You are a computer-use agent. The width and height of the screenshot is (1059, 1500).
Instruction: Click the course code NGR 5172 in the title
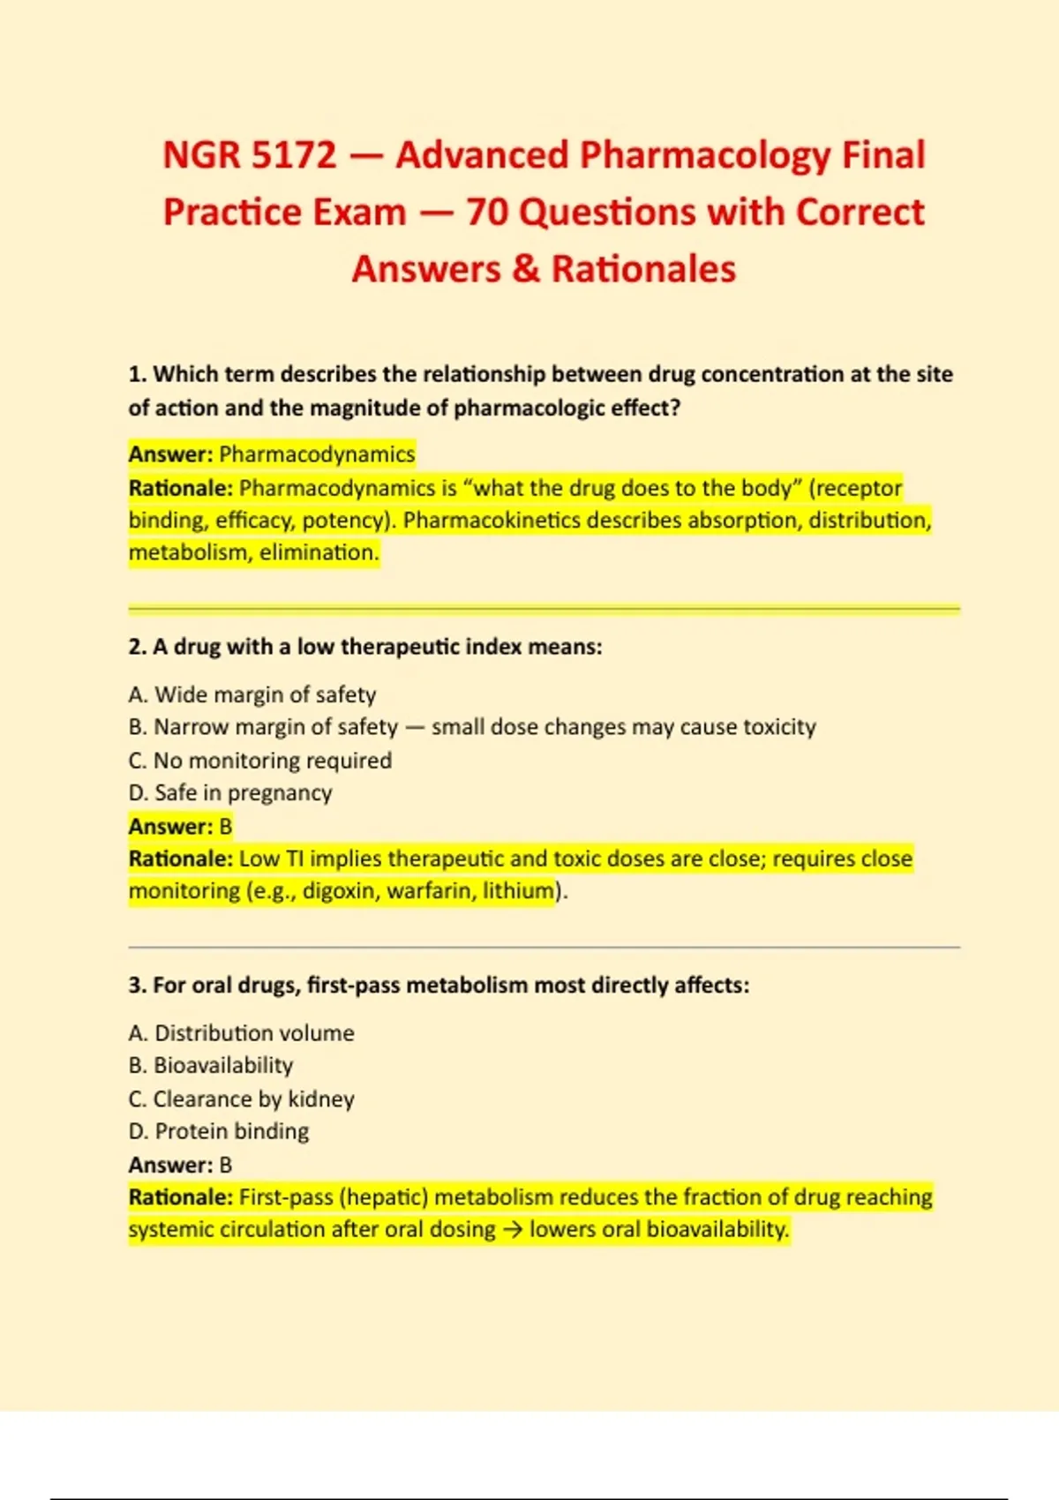pos(250,155)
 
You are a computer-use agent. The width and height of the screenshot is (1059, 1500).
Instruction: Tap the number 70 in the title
pos(492,213)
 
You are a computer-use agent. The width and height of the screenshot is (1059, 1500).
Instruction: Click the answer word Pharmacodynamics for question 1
pos(317,454)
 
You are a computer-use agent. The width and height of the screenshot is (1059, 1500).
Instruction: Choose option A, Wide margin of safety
pos(252,695)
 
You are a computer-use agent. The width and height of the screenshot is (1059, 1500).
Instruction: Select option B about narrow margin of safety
pos(471,727)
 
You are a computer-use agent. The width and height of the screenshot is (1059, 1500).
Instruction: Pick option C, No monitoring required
pos(259,761)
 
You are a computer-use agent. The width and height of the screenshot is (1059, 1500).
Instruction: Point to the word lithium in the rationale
pos(518,891)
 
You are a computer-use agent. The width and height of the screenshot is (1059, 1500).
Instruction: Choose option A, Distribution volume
pos(241,1033)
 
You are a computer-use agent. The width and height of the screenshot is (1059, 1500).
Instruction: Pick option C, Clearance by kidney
pos(241,1099)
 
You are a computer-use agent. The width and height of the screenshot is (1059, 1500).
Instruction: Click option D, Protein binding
pos(219,1131)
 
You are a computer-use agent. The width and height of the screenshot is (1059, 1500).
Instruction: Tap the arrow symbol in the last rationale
pos(512,1230)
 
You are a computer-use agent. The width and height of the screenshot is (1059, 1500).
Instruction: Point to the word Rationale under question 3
pos(180,1197)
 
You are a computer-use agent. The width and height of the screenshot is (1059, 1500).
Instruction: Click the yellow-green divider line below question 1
pos(544,609)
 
